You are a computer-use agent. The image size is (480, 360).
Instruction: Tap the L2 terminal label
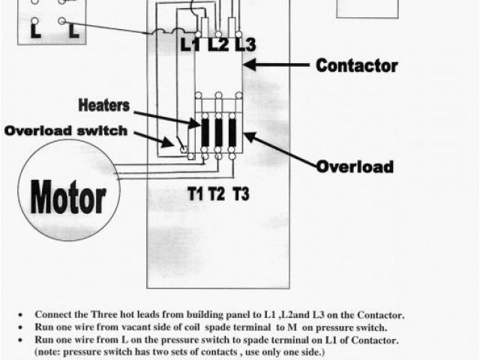(x=217, y=44)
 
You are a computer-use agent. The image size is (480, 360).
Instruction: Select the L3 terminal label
(x=244, y=44)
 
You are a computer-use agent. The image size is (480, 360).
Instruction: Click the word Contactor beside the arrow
(x=355, y=65)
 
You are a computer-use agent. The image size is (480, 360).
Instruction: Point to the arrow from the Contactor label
(x=277, y=66)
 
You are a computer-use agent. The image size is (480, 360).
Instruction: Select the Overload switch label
(x=66, y=130)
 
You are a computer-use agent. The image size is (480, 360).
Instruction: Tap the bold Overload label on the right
(x=355, y=166)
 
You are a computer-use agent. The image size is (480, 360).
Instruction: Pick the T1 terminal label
(x=195, y=195)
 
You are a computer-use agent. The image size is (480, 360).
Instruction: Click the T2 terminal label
(x=217, y=195)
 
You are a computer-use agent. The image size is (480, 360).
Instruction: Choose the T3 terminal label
(x=241, y=195)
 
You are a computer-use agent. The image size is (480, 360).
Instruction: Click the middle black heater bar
(x=218, y=133)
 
